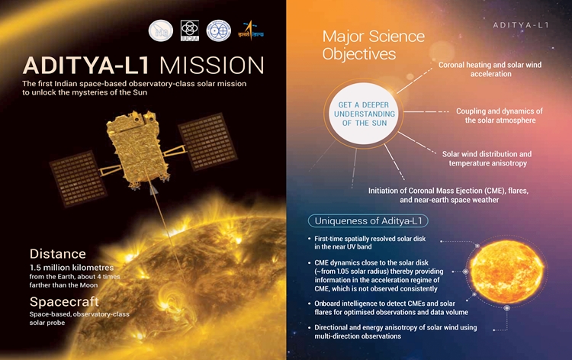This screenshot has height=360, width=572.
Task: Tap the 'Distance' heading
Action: tap(58, 253)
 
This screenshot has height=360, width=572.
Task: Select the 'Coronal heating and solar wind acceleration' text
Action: tap(490, 70)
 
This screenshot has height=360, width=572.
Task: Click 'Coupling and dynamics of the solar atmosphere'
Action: tap(500, 115)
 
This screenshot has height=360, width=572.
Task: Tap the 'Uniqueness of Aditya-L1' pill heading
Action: tap(368, 221)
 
